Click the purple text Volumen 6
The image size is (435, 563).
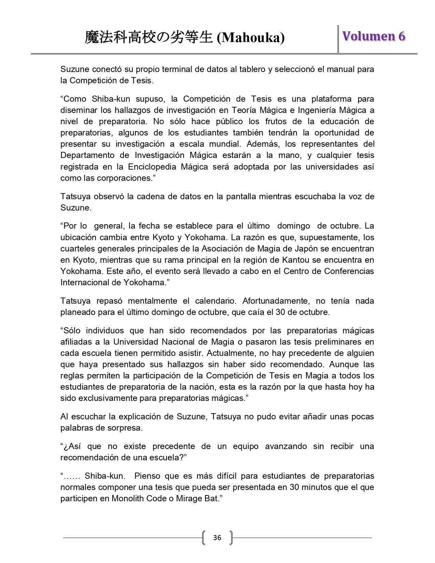click(374, 36)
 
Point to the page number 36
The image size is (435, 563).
click(217, 538)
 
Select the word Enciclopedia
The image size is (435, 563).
click(152, 167)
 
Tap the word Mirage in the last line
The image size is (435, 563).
click(188, 499)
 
